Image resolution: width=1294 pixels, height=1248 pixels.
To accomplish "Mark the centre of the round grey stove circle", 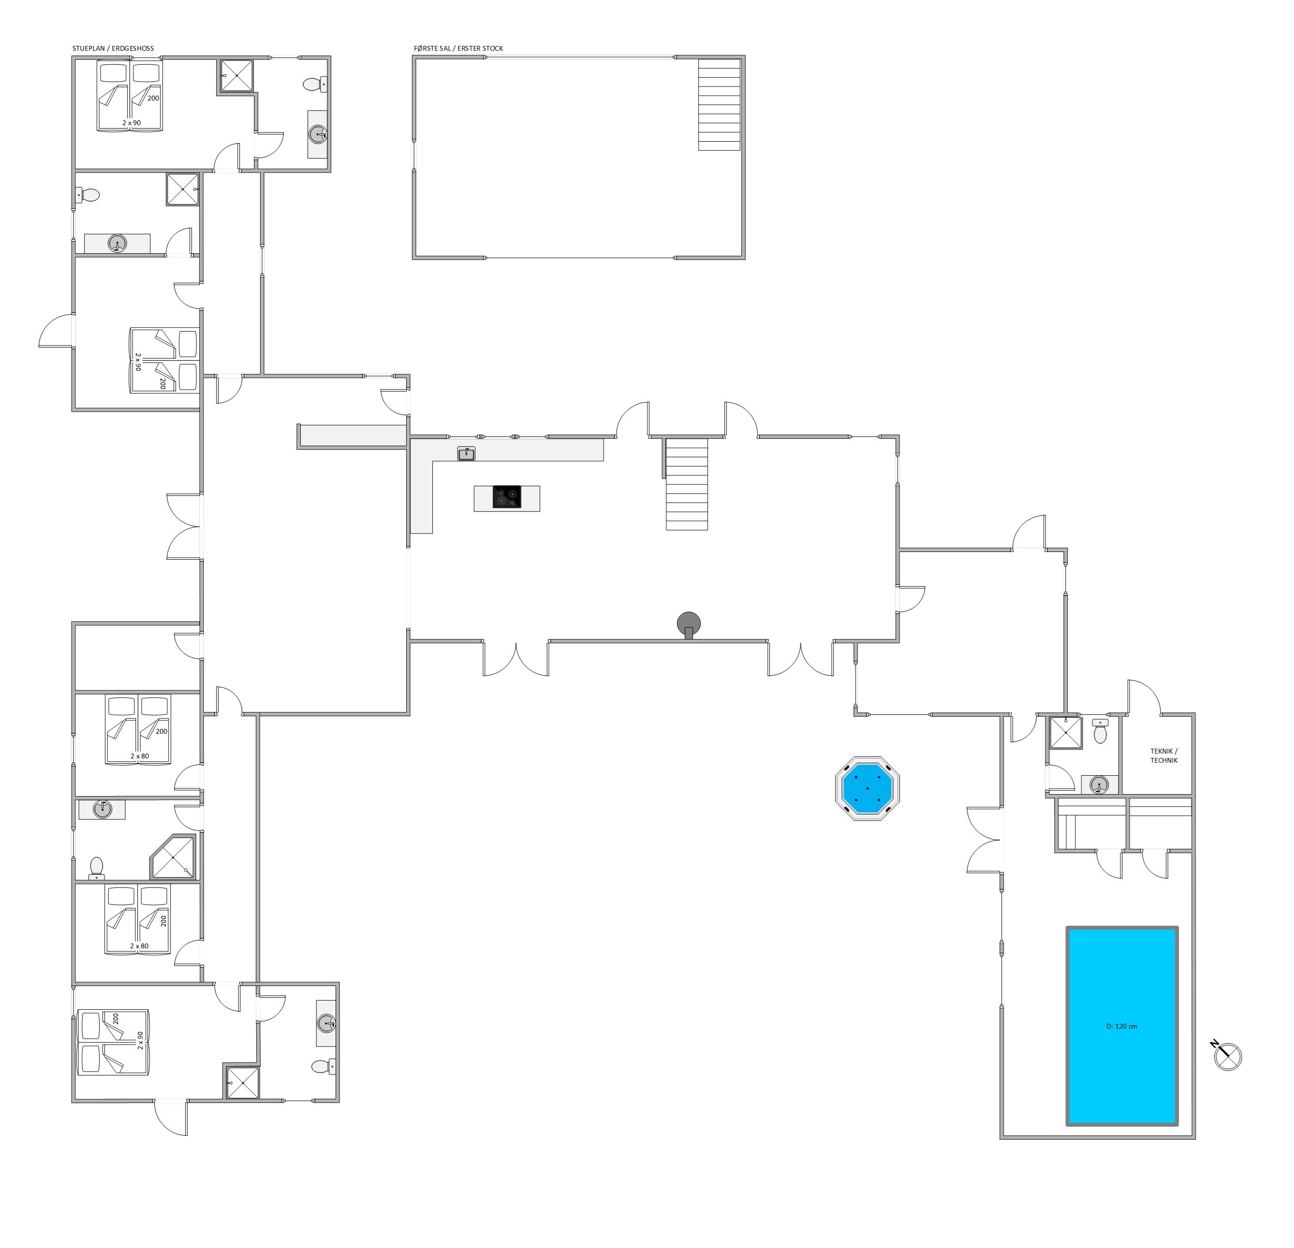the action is pyautogui.click(x=689, y=623).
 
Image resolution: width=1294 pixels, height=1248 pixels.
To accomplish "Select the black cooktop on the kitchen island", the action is pyautogui.click(x=507, y=497).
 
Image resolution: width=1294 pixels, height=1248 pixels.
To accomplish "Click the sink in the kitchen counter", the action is pyautogui.click(x=466, y=453).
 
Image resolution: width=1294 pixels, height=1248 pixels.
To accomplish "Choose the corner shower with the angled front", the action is pyautogui.click(x=174, y=856).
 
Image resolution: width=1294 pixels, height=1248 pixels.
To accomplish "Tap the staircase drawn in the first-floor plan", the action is pyautogui.click(x=720, y=104).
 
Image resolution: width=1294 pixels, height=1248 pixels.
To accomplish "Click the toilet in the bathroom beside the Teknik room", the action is pyautogui.click(x=1100, y=731).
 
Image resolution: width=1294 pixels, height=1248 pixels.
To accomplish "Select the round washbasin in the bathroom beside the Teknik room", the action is pyautogui.click(x=1099, y=784).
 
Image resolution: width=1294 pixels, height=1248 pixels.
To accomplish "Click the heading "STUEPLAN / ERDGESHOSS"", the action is pyautogui.click(x=113, y=48).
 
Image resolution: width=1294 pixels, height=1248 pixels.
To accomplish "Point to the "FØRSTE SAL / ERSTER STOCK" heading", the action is pyautogui.click(x=458, y=48).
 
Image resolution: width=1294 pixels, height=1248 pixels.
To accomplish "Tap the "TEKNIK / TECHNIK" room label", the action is pyautogui.click(x=1164, y=755).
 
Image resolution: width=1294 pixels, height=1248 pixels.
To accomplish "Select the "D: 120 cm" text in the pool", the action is pyautogui.click(x=1122, y=1026).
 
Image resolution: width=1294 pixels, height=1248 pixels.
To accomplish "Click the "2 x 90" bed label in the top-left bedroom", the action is pyautogui.click(x=132, y=123).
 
